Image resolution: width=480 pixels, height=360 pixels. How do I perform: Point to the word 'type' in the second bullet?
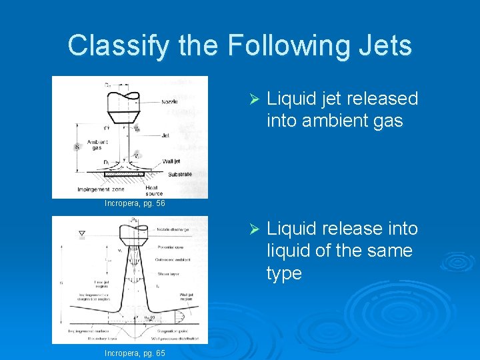click(284, 273)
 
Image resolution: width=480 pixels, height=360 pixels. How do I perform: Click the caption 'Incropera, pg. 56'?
click(135, 203)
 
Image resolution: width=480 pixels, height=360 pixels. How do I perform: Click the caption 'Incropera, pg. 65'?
click(135, 353)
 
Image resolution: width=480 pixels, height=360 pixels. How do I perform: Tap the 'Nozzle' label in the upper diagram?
click(171, 103)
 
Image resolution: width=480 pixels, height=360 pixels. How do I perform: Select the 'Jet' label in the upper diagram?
click(165, 135)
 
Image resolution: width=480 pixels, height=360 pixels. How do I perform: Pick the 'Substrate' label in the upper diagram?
click(179, 175)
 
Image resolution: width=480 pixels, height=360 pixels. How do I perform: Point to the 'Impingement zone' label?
click(99, 189)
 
